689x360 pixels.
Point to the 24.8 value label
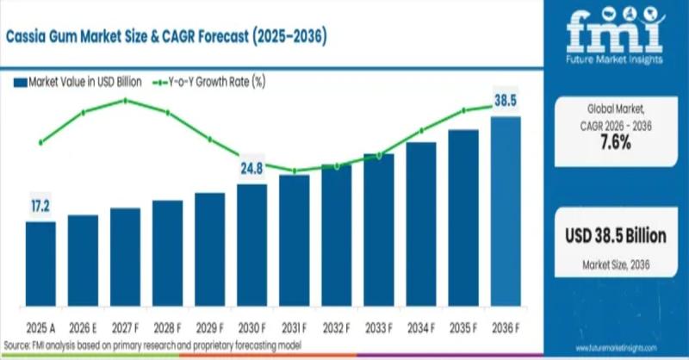[252, 169]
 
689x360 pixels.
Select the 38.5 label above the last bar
[506, 102]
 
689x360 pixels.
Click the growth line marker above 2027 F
[126, 101]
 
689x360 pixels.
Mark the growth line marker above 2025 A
[40, 142]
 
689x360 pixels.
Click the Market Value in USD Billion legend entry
[78, 83]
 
